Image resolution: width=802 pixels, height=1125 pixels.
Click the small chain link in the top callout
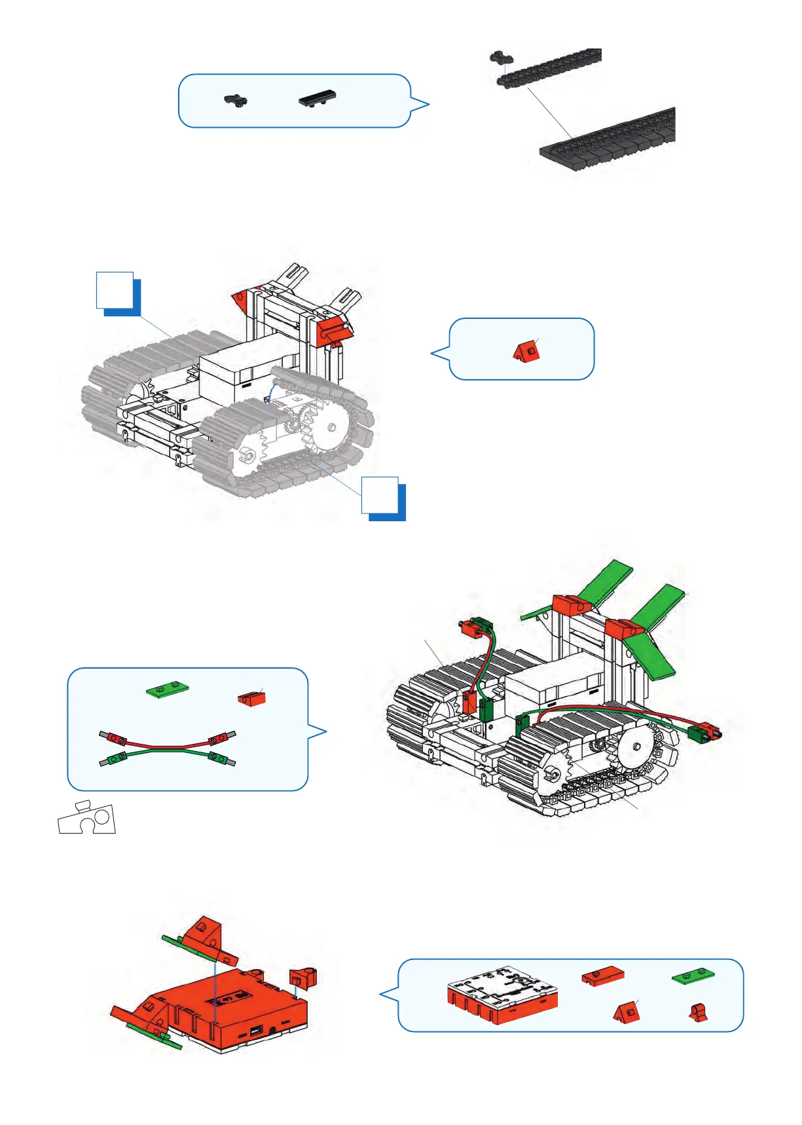point(236,100)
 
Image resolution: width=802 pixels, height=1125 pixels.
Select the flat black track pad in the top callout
point(318,99)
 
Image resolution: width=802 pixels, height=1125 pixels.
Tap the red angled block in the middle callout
point(526,352)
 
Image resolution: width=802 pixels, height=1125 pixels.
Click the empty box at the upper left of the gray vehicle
point(115,290)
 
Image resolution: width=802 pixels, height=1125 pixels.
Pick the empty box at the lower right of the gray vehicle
point(380,495)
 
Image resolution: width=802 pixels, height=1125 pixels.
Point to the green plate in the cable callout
point(168,688)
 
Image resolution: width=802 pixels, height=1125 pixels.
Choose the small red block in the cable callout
point(251,698)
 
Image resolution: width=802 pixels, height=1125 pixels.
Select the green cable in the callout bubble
point(168,754)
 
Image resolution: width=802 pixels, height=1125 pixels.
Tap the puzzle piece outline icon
point(87,818)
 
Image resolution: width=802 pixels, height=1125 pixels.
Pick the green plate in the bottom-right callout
point(693,976)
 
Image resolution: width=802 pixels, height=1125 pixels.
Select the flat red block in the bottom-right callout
point(602,976)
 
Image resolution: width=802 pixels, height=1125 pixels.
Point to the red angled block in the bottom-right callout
point(627,1013)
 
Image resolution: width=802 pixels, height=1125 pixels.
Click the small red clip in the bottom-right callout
point(698,1013)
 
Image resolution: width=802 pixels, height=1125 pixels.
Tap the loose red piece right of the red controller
point(304,978)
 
